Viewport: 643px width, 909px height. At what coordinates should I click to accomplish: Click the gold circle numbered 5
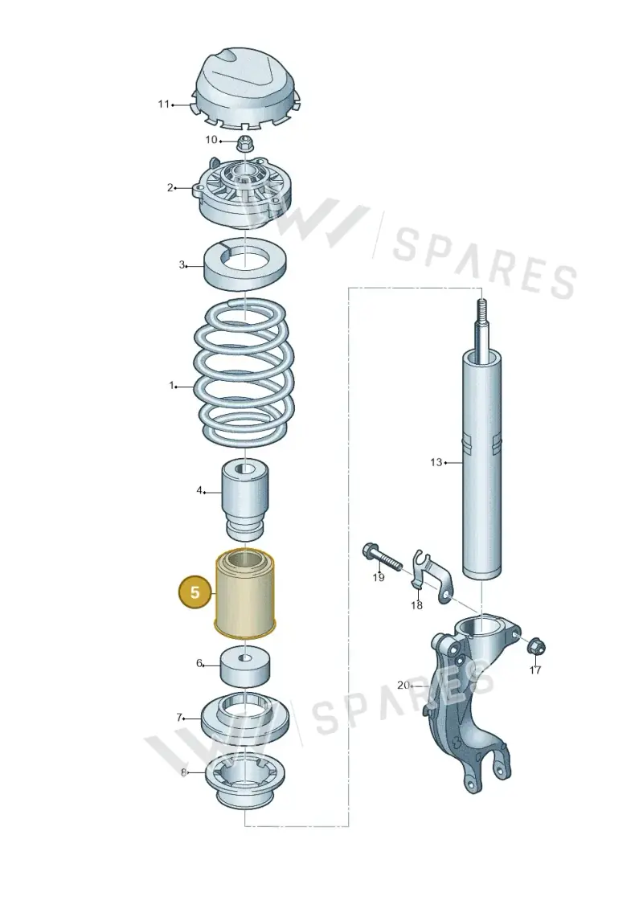coord(195,592)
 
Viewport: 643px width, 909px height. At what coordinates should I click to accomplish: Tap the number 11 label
coord(163,104)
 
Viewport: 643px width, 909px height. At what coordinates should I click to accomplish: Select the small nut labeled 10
coord(247,141)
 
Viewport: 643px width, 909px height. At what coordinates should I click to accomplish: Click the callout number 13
coord(436,462)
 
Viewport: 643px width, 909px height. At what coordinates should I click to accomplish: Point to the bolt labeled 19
coord(383,557)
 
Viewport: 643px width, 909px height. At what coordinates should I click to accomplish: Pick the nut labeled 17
coord(536,646)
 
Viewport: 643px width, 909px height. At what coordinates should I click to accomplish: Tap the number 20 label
coord(403,686)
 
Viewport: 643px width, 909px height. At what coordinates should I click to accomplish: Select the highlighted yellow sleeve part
coord(244,592)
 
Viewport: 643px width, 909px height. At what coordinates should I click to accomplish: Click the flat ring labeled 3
coord(246,263)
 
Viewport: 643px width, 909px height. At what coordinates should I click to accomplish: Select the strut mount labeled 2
coord(246,192)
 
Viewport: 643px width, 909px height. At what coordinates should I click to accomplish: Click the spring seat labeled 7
coord(246,721)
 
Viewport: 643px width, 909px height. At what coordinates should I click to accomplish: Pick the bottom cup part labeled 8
coord(245,780)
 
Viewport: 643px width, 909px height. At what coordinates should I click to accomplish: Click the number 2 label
coord(170,187)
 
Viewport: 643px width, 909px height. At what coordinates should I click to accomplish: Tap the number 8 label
coord(184,772)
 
